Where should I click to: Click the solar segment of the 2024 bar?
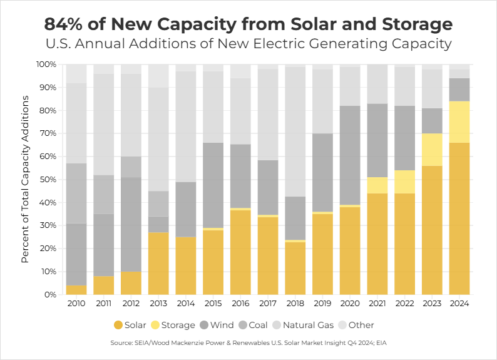pos(459,219)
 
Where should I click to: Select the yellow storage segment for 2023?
pos(432,150)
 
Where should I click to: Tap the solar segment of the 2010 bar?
pos(76,290)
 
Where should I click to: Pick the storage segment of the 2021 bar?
pos(377,185)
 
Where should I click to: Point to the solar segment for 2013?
pos(158,264)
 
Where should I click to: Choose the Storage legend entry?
pos(176,325)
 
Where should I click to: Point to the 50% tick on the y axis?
pos(47,180)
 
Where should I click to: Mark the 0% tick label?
pos(50,295)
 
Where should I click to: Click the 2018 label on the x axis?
pos(295,304)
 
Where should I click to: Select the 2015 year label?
pos(213,304)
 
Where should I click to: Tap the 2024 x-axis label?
pos(459,304)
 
